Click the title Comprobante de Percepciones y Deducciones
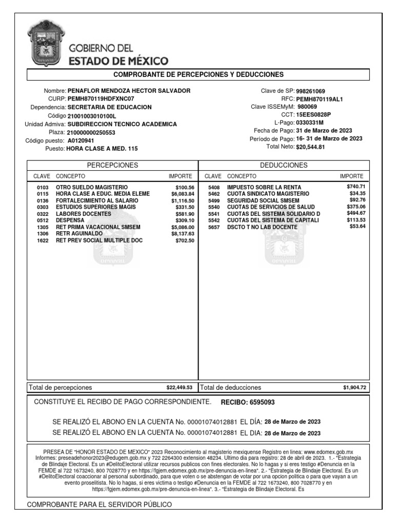click(x=198, y=74)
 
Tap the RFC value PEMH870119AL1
click(x=319, y=99)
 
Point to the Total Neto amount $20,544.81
click(x=310, y=147)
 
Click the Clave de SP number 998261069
click(x=310, y=91)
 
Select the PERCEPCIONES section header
click(x=112, y=165)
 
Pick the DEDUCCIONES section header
click(x=284, y=165)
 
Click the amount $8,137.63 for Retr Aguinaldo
click(x=183, y=233)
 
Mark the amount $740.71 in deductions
click(x=356, y=187)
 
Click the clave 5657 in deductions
click(x=213, y=227)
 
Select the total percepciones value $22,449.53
click(x=179, y=388)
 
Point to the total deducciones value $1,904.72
click(x=354, y=388)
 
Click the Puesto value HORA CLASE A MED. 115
click(x=102, y=149)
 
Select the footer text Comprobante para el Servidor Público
click(x=99, y=504)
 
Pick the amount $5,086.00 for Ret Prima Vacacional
click(x=183, y=227)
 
